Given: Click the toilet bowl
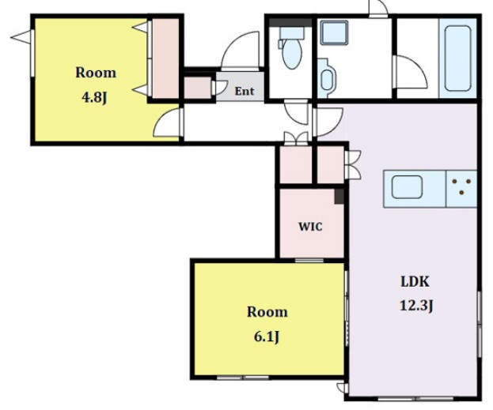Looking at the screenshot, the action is [292, 54].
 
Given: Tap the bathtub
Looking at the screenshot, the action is [458, 58].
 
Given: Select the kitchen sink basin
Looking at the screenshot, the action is [407, 187].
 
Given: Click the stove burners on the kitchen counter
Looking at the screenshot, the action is [461, 186].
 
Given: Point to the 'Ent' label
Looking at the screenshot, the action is [245, 92].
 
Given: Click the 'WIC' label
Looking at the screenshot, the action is [310, 227].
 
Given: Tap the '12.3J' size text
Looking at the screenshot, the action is [416, 306].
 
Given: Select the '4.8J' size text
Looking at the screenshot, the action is [94, 98].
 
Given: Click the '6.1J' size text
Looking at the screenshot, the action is [267, 337].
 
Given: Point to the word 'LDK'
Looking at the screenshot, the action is [415, 281].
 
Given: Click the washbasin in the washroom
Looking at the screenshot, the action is [327, 78].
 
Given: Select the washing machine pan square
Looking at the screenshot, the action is [334, 32].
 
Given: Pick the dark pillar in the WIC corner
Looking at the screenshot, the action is [339, 197].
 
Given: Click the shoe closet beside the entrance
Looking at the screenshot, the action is [198, 88].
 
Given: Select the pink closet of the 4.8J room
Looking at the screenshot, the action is [165, 58].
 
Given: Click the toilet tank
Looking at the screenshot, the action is [292, 33].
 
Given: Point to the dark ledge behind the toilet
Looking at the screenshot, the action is [290, 23].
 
